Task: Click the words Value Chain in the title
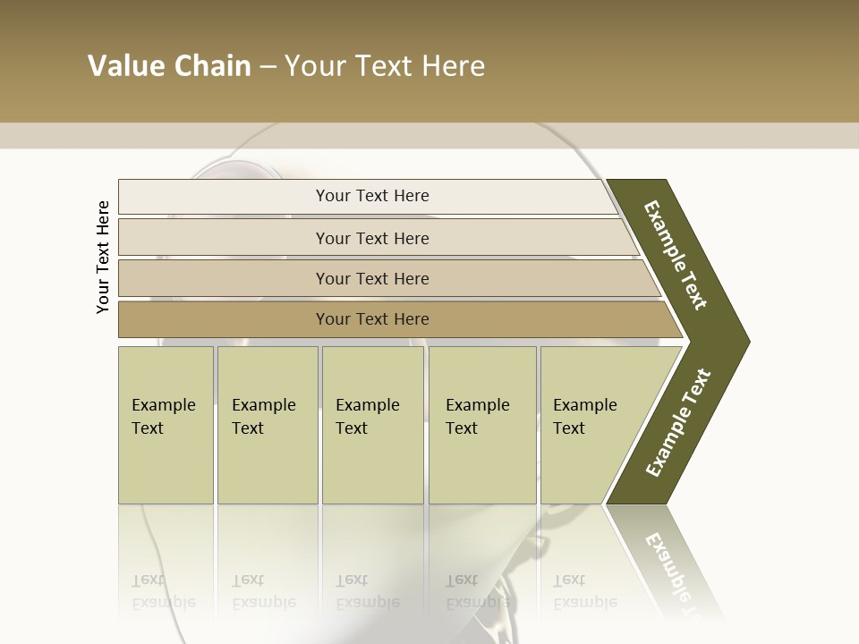[x=169, y=66]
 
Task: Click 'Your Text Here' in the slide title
[x=385, y=66]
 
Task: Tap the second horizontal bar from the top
[x=372, y=238]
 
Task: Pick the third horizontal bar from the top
[x=372, y=278]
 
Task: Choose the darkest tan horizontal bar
[x=372, y=319]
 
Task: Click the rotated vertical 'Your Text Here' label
[x=103, y=258]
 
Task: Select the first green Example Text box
[x=166, y=425]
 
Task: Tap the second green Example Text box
[x=267, y=425]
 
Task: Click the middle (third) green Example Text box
[x=372, y=425]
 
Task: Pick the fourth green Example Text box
[x=482, y=425]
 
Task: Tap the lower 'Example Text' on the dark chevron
[x=678, y=423]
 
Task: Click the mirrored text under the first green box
[x=163, y=591]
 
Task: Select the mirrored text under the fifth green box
[x=584, y=591]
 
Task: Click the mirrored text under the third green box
[x=367, y=591]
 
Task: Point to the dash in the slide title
[x=268, y=67]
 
